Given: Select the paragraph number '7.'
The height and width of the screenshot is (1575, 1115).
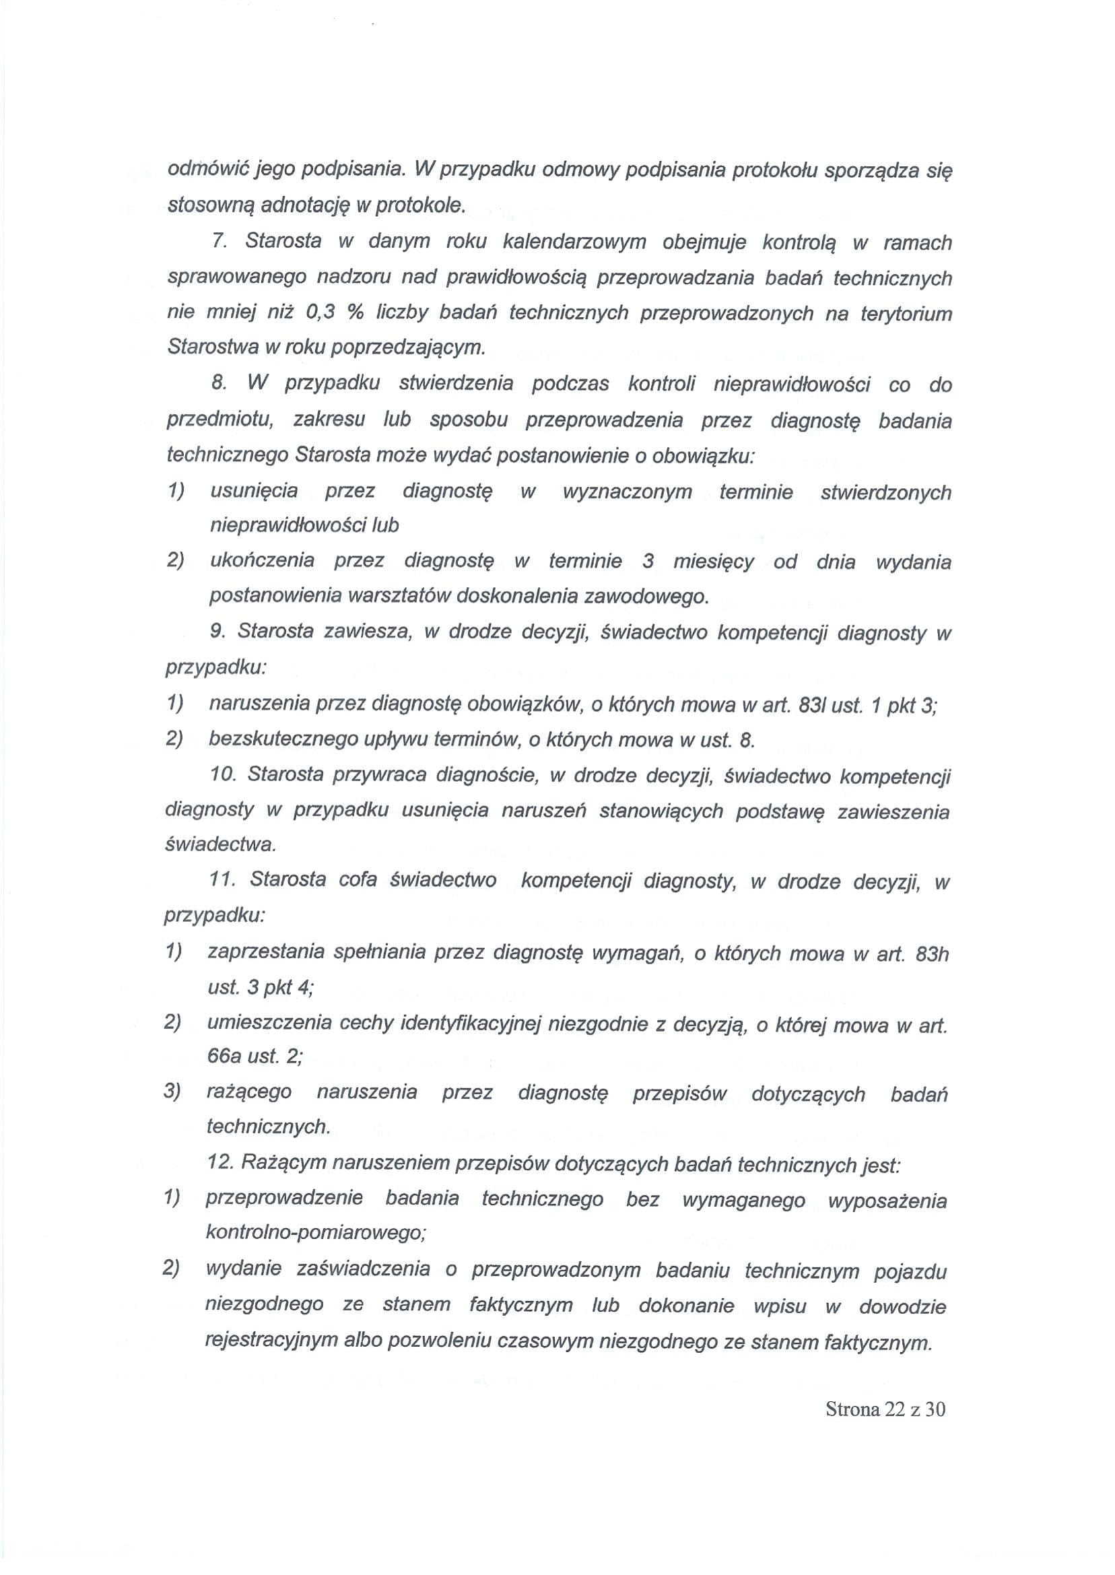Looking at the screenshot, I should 219,241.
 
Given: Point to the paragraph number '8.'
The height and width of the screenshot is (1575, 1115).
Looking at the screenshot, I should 219,383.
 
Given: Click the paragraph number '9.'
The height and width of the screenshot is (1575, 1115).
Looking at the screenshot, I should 217,632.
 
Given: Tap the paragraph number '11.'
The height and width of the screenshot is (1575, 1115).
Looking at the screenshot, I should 222,879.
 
